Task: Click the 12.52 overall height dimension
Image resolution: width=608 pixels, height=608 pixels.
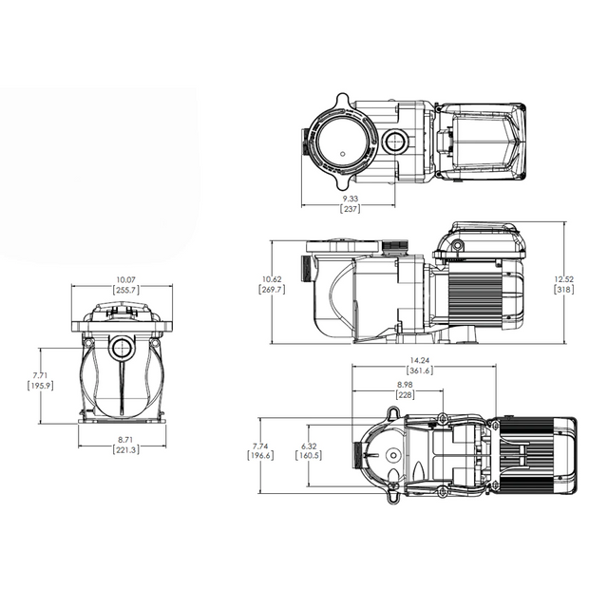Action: (565, 278)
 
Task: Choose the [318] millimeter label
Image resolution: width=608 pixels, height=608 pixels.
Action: (565, 290)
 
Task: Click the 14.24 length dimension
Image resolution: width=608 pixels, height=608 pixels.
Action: (419, 360)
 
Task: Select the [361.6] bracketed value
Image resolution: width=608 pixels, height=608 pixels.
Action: (419, 370)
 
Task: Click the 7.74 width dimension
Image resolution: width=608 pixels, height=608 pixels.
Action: (260, 445)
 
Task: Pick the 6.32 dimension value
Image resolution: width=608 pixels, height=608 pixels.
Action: (308, 445)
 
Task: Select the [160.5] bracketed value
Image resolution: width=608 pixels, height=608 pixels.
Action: (308, 456)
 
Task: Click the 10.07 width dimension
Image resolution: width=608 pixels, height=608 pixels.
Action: (123, 279)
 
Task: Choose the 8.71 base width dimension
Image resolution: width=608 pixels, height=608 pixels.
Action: (123, 440)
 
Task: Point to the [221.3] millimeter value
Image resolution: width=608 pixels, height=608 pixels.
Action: (123, 450)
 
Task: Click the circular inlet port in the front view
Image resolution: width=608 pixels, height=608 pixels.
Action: (122, 348)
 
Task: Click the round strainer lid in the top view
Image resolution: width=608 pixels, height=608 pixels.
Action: (338, 142)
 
